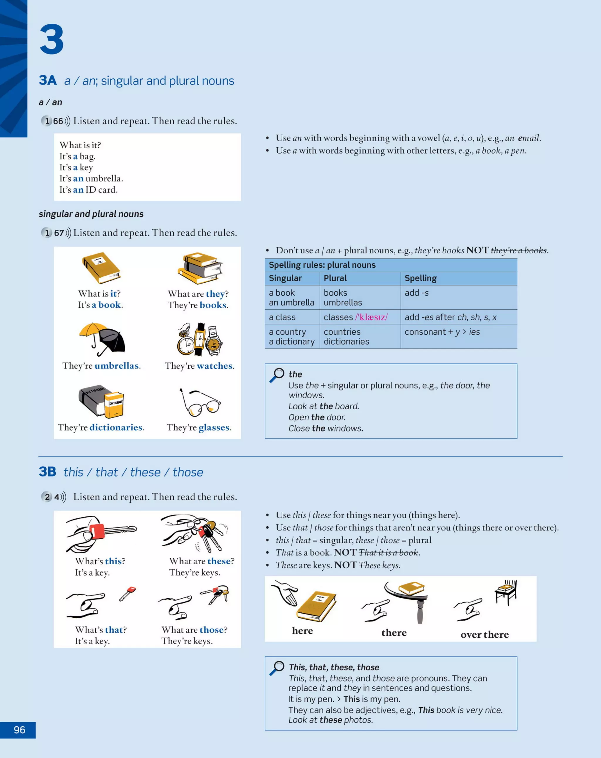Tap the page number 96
19,730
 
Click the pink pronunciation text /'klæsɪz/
372,317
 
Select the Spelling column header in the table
420,278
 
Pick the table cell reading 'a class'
282,317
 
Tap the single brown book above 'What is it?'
102,267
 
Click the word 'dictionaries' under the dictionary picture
116,427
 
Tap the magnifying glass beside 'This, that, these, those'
277,667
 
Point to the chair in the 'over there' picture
506,592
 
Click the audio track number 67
59,233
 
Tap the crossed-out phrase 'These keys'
379,565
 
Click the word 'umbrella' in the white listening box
104,178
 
